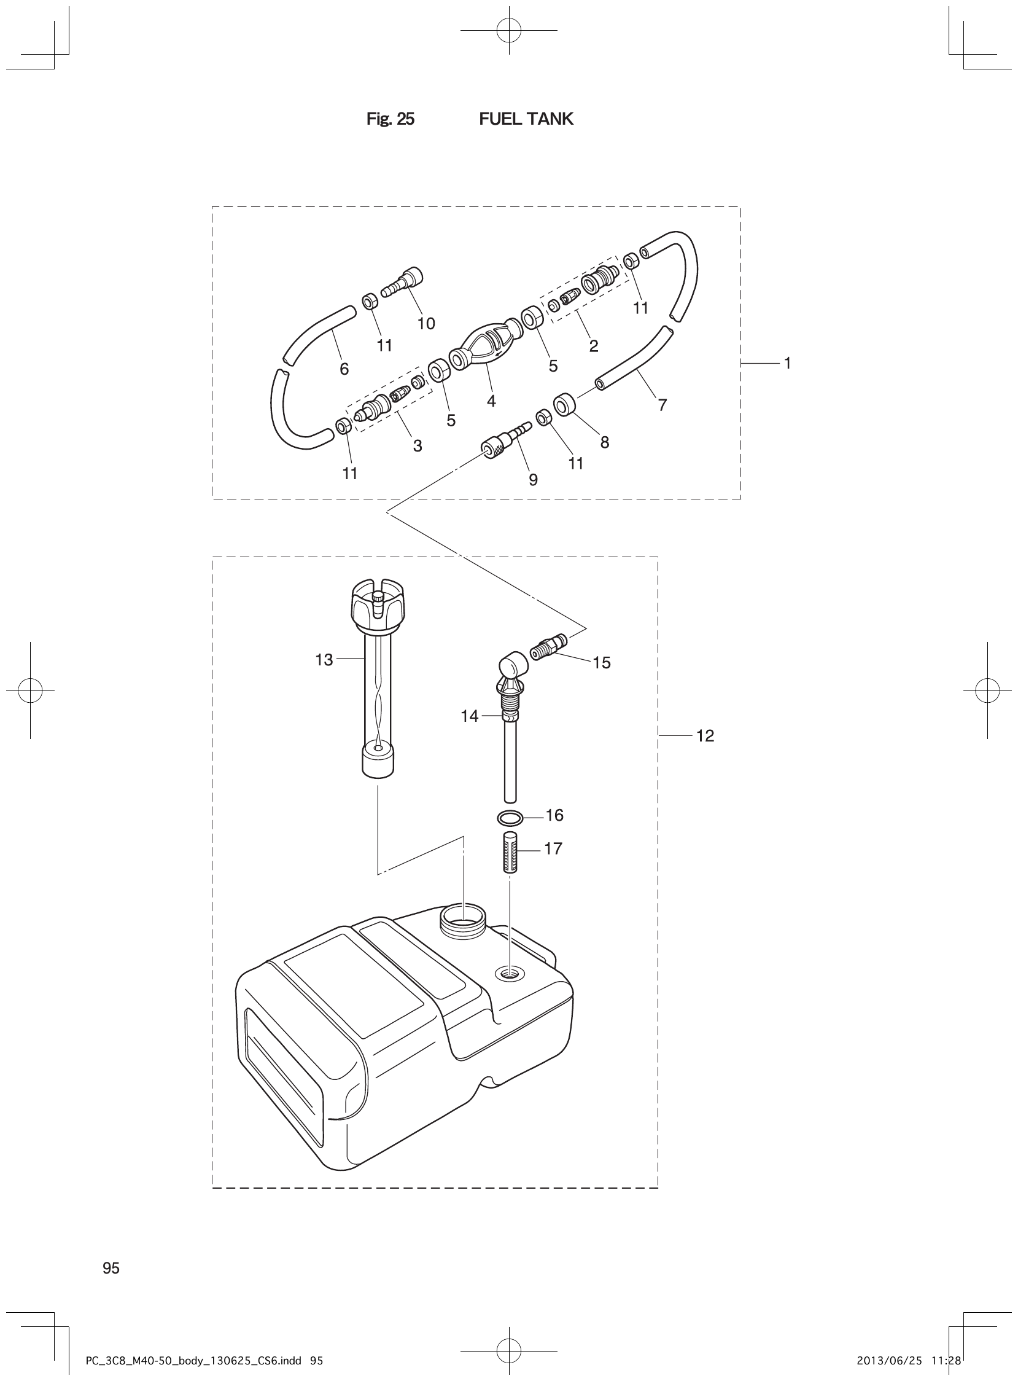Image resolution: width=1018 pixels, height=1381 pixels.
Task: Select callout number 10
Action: pos(426,324)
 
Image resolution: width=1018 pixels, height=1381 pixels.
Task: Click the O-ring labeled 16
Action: pos(510,818)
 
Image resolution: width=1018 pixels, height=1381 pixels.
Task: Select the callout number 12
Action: pos(705,735)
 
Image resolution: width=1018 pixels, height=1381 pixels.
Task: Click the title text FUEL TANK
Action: pos(526,119)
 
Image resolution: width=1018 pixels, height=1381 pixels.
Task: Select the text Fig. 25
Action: pos(390,119)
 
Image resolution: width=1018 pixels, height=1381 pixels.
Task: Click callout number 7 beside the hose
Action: pos(662,405)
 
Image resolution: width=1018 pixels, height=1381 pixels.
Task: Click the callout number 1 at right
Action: pos(787,363)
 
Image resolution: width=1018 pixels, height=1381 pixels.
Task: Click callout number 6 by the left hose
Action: pos(344,369)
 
